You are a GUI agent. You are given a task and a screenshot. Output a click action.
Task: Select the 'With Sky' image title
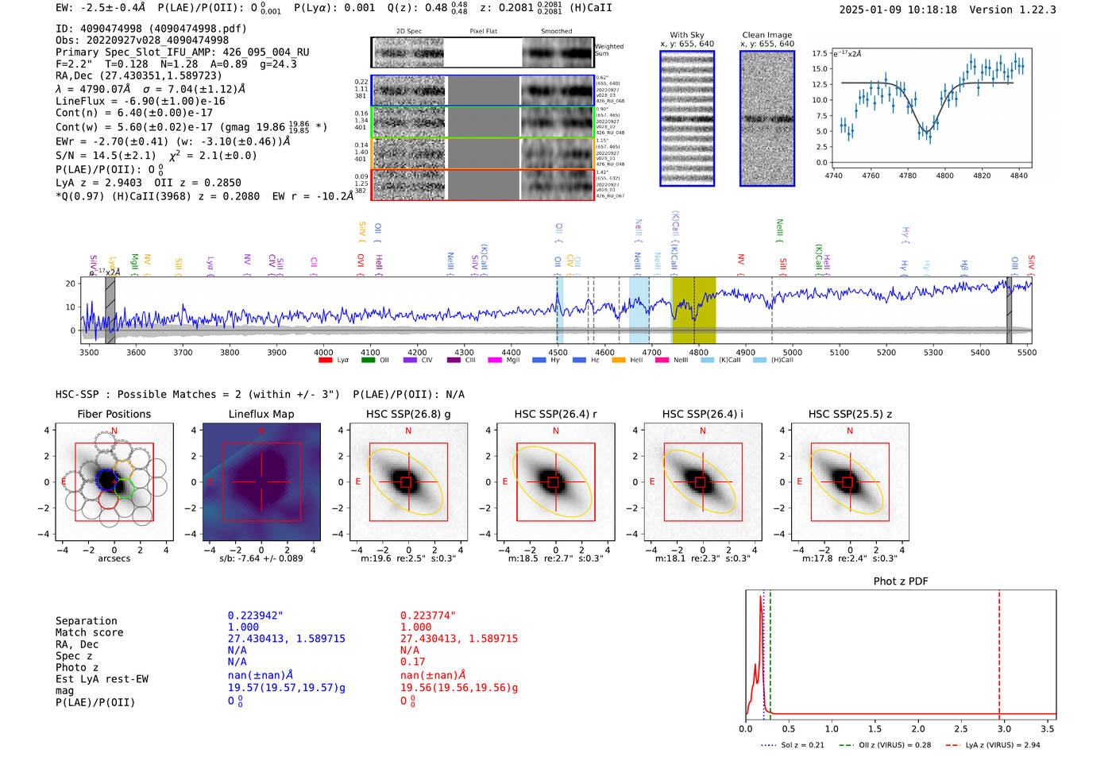pos(686,35)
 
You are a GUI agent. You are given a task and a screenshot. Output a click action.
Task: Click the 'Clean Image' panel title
pos(766,35)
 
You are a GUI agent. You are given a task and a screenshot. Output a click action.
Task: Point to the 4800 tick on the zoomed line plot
pos(944,176)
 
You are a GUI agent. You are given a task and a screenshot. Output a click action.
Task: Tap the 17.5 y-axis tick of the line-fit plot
pos(820,53)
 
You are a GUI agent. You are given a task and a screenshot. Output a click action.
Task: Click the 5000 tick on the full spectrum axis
pos(792,352)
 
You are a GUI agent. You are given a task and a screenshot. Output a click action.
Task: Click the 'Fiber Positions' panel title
pos(114,414)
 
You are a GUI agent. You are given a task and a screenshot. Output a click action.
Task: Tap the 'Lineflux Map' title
pos(261,414)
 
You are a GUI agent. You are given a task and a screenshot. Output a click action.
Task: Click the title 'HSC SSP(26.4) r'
pos(555,414)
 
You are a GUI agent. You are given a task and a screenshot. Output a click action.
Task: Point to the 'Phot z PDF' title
pos(900,581)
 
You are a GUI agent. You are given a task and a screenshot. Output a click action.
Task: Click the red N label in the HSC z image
pos(850,431)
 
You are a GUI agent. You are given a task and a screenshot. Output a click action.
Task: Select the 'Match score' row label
pos(89,632)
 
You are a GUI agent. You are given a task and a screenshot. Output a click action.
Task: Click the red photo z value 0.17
pos(412,662)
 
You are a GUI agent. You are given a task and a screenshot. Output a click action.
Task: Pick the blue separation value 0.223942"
pos(255,616)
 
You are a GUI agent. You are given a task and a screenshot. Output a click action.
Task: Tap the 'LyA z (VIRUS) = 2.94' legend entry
pos(1002,745)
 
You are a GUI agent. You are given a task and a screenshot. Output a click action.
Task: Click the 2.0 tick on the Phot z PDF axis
pos(917,728)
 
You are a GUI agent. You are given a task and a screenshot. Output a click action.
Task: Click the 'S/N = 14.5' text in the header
pos(105,156)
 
